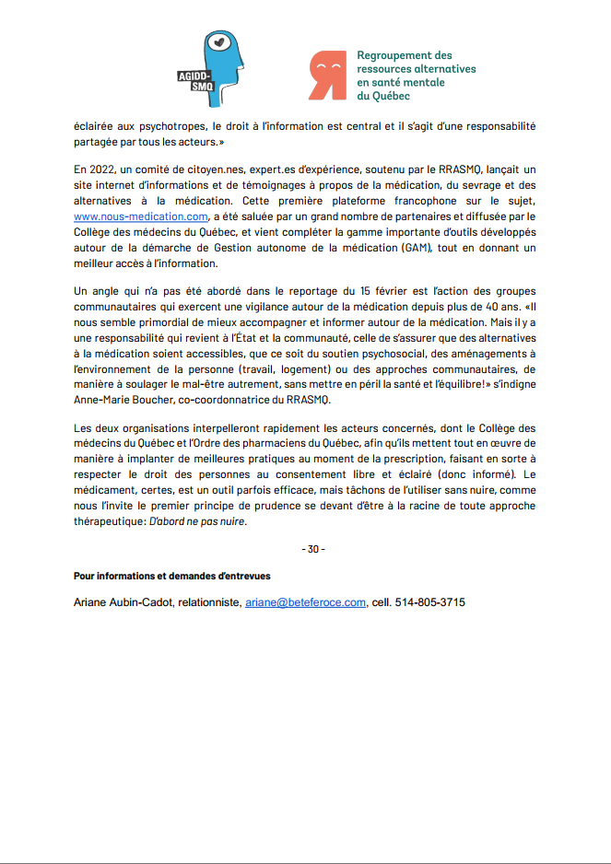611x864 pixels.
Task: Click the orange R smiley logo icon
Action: (327, 76)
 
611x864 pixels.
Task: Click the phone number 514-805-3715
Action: (430, 602)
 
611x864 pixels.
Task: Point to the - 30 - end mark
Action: (313, 549)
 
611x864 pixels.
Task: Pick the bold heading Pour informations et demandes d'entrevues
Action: (171, 576)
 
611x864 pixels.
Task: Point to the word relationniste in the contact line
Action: (209, 602)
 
